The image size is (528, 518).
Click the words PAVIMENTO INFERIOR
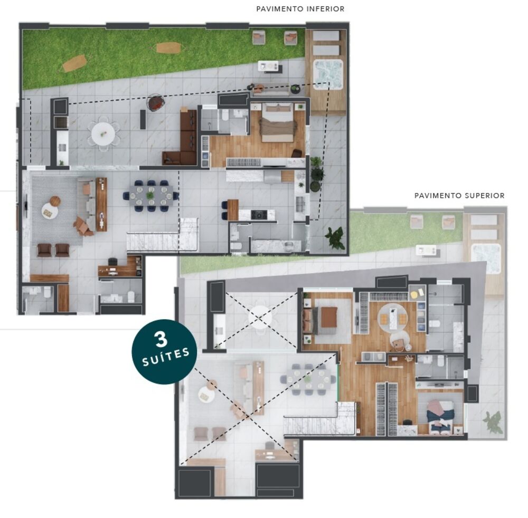point(300,9)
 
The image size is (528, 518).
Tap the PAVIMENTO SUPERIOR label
point(459,196)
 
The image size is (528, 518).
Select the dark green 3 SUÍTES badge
point(165,351)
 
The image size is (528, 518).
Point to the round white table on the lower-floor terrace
point(102,133)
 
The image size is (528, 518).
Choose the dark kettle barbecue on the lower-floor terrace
point(155,103)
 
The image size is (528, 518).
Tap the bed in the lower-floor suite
point(277,124)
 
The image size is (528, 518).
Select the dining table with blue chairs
point(151,195)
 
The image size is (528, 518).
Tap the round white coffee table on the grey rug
point(50,211)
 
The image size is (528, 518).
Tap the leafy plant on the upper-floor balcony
point(493,422)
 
